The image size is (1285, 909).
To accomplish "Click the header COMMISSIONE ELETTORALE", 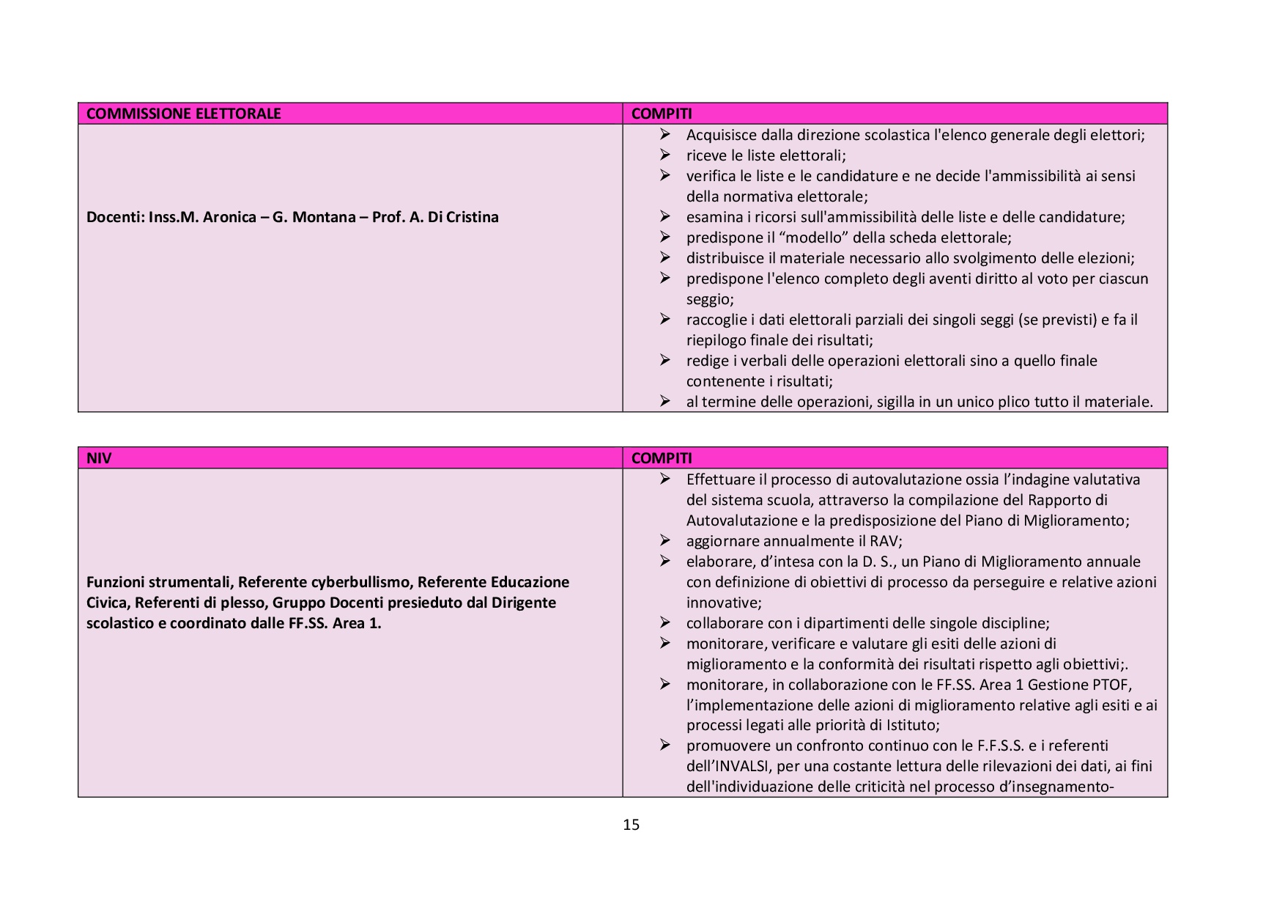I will tap(183, 114).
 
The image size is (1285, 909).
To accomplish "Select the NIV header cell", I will tap(99, 458).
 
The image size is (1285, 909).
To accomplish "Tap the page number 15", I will tap(631, 825).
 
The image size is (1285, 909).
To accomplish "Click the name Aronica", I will tap(227, 217).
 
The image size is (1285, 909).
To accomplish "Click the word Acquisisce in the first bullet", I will tap(719, 135).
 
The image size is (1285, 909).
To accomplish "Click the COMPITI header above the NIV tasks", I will tap(661, 458).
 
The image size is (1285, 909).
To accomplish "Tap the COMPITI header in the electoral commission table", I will tap(661, 114).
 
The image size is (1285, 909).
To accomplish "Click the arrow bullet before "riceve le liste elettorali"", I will tap(664, 155).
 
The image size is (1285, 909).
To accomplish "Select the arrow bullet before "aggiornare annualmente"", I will tap(664, 540).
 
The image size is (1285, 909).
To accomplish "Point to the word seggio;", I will tap(710, 299).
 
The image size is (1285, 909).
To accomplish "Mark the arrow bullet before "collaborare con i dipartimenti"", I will tap(664, 622).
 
